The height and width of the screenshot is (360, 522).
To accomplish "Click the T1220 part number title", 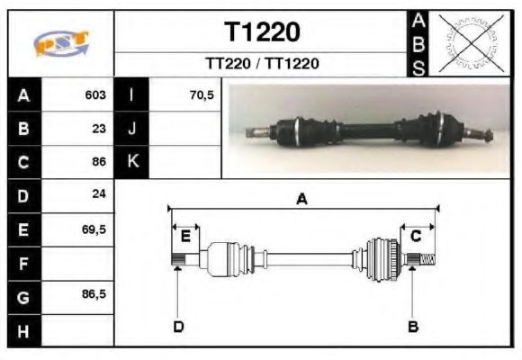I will pyautogui.click(x=262, y=32).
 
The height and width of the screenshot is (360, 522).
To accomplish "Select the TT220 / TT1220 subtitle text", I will pyautogui.click(x=262, y=64).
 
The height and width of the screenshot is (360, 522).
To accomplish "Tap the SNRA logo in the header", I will pyautogui.click(x=61, y=43).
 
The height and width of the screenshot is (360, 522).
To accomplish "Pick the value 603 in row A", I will pyautogui.click(x=95, y=94).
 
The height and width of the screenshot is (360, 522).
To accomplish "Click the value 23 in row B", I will pyautogui.click(x=99, y=128).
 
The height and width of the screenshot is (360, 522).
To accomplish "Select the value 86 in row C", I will pyautogui.click(x=99, y=162).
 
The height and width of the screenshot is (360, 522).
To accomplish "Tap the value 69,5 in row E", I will pyautogui.click(x=94, y=229).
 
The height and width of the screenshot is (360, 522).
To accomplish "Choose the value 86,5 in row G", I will pyautogui.click(x=94, y=295).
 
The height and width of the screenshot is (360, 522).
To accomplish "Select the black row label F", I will pyautogui.click(x=24, y=263).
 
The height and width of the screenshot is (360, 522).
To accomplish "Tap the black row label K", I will pyautogui.click(x=132, y=162).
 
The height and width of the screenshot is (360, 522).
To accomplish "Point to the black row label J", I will pyautogui.click(x=132, y=128).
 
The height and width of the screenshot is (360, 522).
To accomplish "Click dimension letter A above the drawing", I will pyautogui.click(x=302, y=199).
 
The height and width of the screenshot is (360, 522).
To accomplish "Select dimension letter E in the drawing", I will pyautogui.click(x=185, y=237).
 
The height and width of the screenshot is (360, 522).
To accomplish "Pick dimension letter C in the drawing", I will pyautogui.click(x=417, y=236).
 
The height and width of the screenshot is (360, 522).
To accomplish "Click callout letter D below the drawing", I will pyautogui.click(x=178, y=326).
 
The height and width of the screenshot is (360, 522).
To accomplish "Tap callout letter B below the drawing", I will pyautogui.click(x=413, y=326).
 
